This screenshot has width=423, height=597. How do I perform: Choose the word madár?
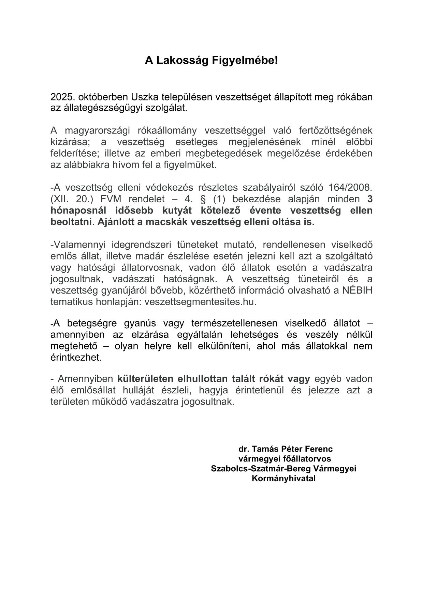click(150, 256)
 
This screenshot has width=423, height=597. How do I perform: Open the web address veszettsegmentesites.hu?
click(200, 302)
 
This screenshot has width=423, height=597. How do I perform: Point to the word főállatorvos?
click(302, 459)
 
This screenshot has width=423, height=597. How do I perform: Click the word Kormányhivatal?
click(284, 478)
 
